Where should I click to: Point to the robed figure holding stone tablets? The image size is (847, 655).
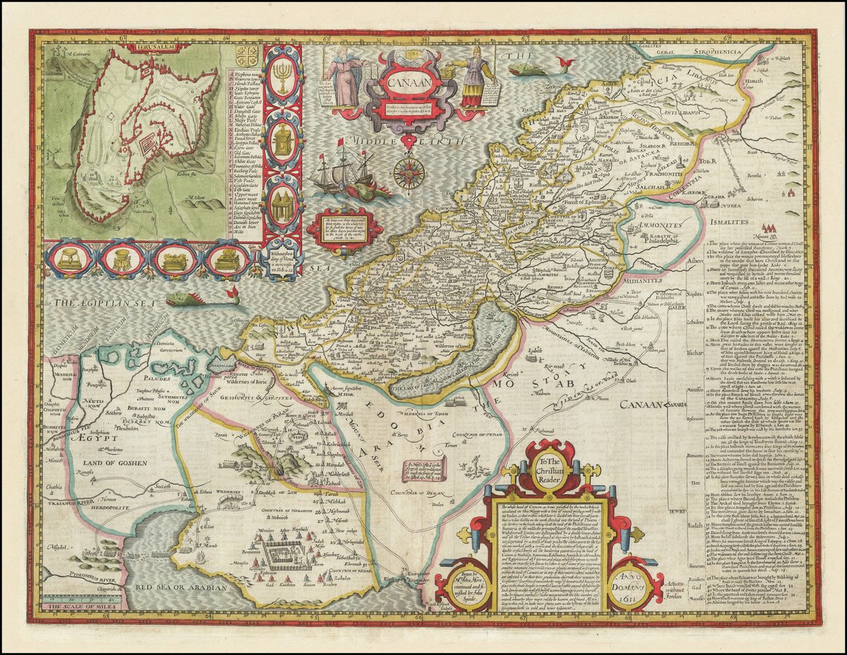[x=344, y=78]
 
